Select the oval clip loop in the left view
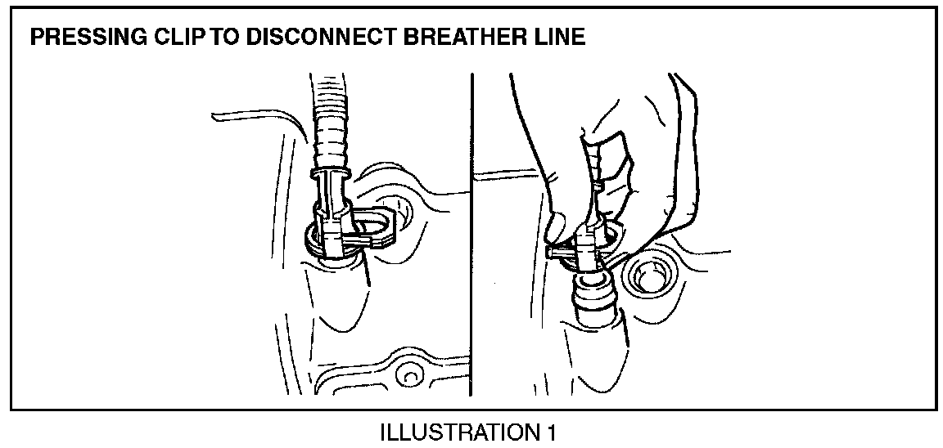[x=373, y=224]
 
